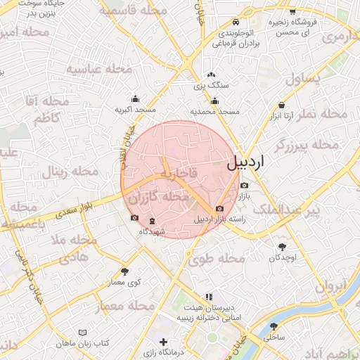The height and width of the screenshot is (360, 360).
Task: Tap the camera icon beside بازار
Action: (244, 185)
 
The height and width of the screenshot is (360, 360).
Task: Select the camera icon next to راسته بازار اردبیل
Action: (219, 209)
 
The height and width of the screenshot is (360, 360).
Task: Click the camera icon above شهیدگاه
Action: (135, 218)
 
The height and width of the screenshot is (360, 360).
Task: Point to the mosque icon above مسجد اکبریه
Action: (135, 100)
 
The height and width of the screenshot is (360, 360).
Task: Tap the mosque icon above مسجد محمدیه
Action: (214, 101)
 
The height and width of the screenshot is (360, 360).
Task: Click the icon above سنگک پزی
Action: (210, 75)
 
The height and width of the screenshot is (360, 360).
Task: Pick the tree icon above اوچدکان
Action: (282, 247)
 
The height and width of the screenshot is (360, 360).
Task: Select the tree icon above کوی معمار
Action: (125, 271)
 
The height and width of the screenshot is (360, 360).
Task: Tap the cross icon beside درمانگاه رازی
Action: (163, 342)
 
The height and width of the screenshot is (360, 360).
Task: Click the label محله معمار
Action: (125, 307)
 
